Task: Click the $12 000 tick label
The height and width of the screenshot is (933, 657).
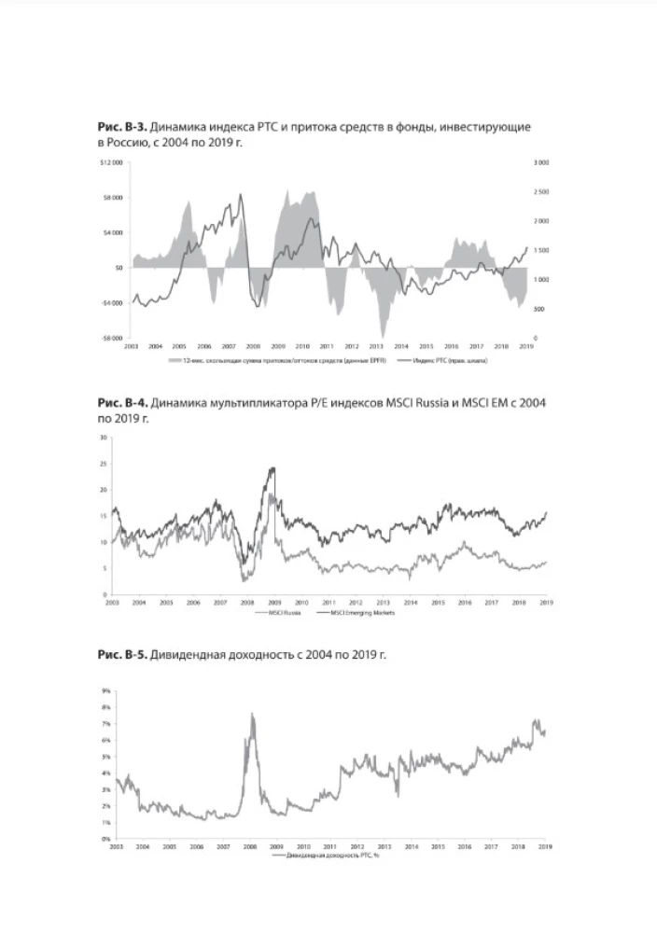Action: [113, 162]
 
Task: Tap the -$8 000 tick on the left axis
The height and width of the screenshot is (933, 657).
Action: [113, 338]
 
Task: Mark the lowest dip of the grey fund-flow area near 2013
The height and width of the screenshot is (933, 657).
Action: [383, 336]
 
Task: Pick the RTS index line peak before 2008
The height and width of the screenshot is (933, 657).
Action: [241, 194]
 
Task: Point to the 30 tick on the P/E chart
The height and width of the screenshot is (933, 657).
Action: [104, 437]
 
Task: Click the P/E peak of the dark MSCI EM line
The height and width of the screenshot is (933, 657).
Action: [273, 467]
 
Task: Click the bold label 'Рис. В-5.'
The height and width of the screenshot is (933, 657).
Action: [122, 656]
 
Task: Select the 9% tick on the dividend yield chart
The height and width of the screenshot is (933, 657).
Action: [105, 690]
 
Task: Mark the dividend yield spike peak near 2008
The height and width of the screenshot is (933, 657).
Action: [252, 714]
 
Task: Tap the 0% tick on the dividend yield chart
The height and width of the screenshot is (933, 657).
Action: [105, 839]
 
